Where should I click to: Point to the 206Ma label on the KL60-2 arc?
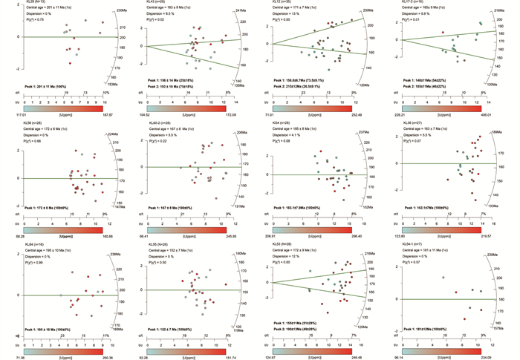[241, 132]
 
